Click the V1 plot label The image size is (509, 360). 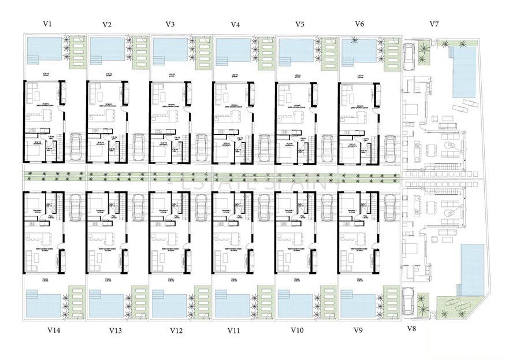pos(47,24)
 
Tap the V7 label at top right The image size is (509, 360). pos(434,24)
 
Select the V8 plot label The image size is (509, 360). pos(411,329)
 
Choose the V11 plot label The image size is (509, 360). pos(234,331)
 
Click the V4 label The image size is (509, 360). pos(235,24)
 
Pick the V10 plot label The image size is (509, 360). pos(297,331)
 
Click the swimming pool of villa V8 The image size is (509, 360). pos(473,268)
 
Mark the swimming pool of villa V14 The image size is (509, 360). pos(43,303)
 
